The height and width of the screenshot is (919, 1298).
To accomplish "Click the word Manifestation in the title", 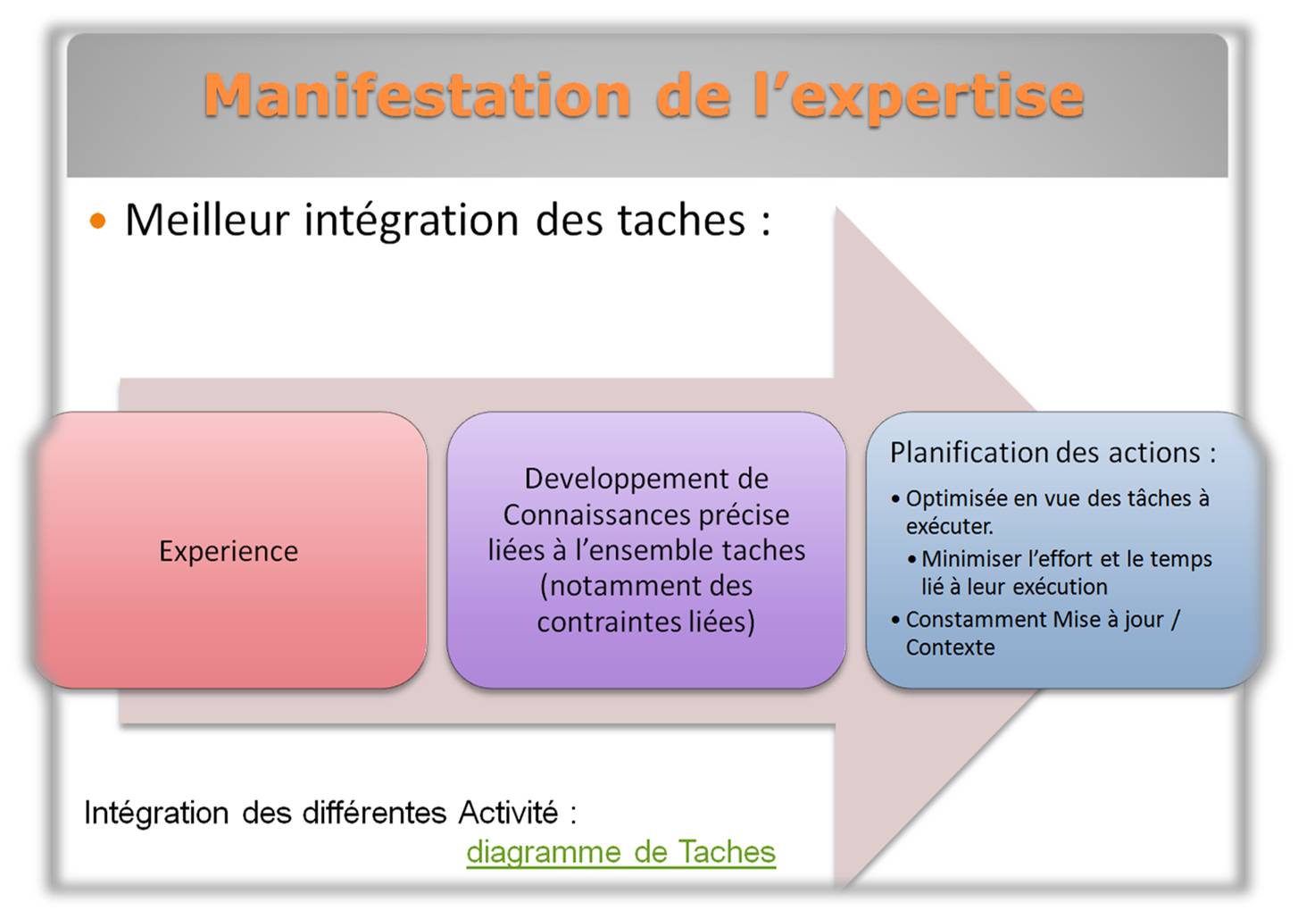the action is [x=417, y=96].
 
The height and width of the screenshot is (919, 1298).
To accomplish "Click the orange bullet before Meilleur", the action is [x=98, y=221].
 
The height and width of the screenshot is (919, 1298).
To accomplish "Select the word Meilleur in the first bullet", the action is [x=207, y=221].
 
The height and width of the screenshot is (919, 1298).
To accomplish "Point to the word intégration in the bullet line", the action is [x=412, y=221].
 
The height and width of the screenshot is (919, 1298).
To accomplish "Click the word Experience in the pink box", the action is [x=229, y=551].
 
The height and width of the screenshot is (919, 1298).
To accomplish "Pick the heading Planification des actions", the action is [x=1053, y=453].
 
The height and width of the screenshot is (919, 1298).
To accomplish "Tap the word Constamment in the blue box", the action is [x=977, y=619].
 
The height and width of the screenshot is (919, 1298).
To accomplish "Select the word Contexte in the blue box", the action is [x=951, y=647].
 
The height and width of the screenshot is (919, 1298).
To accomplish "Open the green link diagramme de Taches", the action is [x=621, y=852].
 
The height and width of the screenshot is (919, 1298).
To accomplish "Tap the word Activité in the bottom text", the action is [x=508, y=813].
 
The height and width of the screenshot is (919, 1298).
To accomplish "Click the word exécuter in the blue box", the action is [x=950, y=526].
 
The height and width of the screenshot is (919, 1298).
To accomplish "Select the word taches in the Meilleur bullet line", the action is [x=681, y=221].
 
